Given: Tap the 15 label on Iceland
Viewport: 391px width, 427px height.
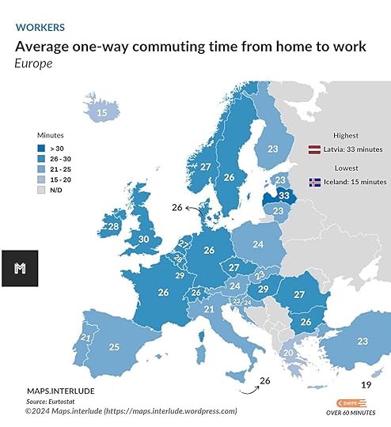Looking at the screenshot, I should (102, 113).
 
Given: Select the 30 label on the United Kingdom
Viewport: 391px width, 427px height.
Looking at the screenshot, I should (144, 239).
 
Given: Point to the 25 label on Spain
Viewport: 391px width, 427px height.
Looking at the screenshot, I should (114, 346).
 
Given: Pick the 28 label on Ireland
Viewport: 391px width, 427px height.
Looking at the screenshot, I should (113, 227).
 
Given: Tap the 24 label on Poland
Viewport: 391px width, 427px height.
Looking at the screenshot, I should (257, 244).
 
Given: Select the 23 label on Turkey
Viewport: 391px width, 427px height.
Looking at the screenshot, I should (363, 341).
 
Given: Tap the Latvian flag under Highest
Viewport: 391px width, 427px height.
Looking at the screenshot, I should (314, 149).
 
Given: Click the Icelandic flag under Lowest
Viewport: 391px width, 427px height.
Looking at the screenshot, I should (314, 182).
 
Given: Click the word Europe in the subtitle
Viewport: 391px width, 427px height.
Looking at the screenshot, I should (33, 62).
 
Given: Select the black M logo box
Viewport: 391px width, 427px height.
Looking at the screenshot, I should (20, 268).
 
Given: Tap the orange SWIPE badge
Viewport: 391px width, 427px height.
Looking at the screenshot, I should (351, 402).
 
